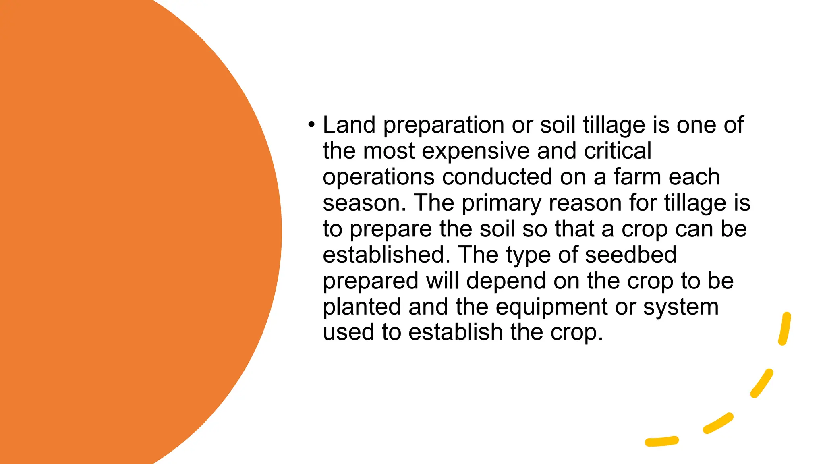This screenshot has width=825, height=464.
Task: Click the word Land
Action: (349, 125)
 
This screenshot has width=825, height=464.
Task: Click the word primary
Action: (501, 203)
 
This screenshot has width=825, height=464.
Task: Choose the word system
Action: (681, 307)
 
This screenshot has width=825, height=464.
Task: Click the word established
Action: (386, 255)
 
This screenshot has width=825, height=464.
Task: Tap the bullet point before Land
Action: (311, 125)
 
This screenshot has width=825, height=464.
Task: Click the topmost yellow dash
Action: (784, 329)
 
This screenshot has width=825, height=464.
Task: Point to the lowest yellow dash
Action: (661, 441)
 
